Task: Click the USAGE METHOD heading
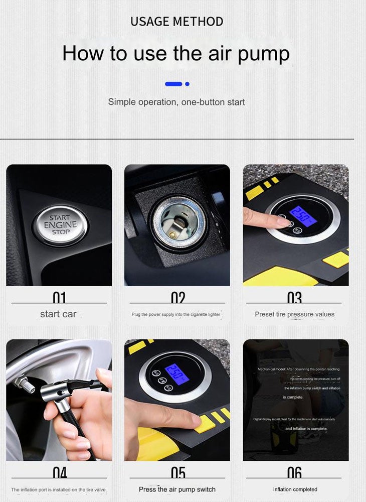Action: [176, 22]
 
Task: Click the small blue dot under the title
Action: [187, 84]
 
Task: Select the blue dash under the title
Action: [173, 84]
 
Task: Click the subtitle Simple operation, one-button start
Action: [176, 102]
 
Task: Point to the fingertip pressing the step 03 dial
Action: [286, 221]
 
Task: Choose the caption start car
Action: [58, 314]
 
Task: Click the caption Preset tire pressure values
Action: [294, 314]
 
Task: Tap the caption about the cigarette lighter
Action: [176, 314]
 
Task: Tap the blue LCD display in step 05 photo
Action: [177, 374]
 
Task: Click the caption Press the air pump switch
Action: [177, 489]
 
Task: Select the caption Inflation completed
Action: [295, 489]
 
